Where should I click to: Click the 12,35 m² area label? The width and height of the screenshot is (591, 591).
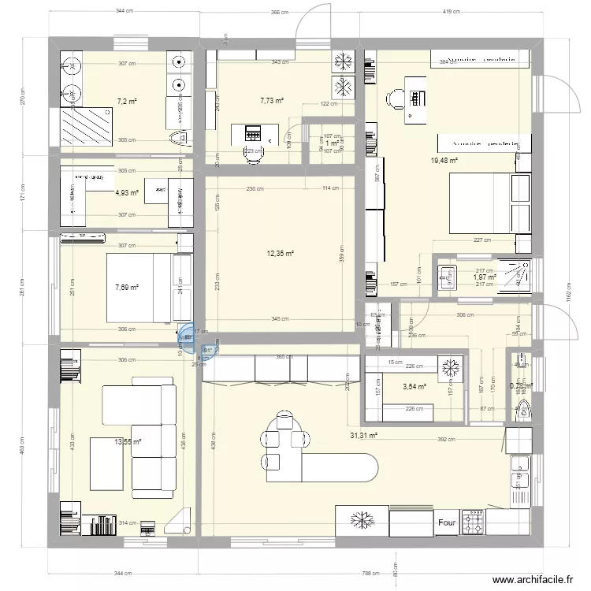pos(279,254)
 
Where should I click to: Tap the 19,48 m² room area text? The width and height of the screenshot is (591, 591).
pos(444,161)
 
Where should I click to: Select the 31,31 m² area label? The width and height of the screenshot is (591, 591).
pos(364,435)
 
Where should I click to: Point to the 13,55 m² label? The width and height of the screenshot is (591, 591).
pos(126,443)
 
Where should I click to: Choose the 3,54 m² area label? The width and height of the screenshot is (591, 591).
pos(414,387)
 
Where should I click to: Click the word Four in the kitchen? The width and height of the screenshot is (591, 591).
pos(448,522)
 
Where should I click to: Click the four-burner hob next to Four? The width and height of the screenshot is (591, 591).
pos(475,522)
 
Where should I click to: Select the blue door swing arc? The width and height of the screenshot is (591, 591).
pos(188,338)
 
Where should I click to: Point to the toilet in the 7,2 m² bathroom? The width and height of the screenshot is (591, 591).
pos(179,139)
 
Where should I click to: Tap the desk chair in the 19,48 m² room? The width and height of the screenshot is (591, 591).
pos(394,98)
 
